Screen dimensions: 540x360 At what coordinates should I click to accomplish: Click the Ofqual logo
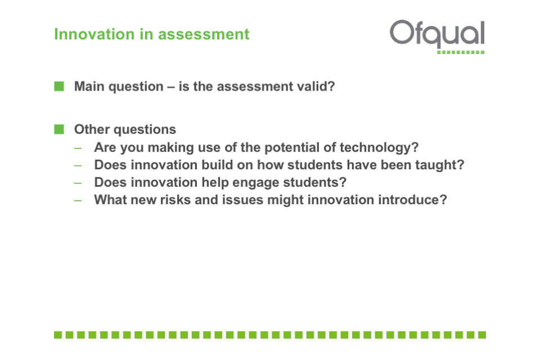437,37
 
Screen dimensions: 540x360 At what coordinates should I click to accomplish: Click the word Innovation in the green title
94,34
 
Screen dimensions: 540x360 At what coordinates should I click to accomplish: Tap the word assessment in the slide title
204,34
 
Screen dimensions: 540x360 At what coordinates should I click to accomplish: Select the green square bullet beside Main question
59,86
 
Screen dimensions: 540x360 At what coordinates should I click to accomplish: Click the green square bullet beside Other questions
59,129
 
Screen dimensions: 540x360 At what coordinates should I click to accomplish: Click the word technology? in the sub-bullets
379,148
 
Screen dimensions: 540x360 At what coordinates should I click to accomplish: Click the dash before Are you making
78,148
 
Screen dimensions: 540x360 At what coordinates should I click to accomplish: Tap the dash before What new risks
78,200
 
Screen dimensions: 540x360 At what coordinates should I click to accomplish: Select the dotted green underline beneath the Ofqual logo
461,52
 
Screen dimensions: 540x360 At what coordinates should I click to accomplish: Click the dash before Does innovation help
78,183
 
